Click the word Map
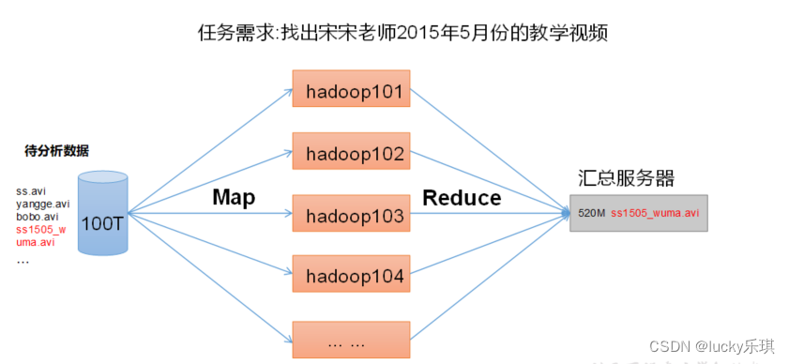[234, 197]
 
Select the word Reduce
[462, 197]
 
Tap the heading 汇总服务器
[626, 178]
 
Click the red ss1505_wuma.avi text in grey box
[655, 214]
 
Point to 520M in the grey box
[592, 214]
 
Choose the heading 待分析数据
[57, 150]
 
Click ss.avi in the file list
[31, 191]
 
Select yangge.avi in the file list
[42, 204]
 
